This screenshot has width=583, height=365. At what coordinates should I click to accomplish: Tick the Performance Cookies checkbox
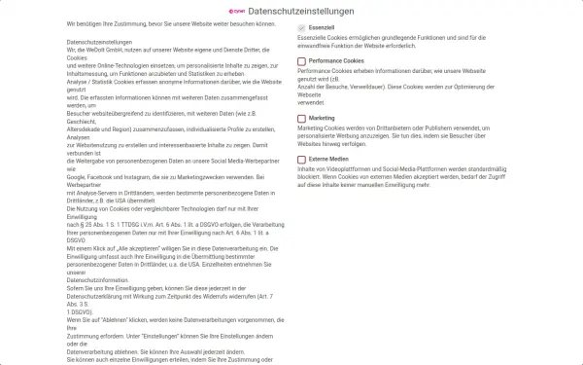[x=301, y=61]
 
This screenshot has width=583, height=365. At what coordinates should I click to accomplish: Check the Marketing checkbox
[x=301, y=118]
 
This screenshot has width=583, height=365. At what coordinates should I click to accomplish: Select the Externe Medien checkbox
[x=301, y=158]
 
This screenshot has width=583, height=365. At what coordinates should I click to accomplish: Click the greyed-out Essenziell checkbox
[x=301, y=29]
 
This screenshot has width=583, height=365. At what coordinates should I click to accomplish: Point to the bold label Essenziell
[x=324, y=29]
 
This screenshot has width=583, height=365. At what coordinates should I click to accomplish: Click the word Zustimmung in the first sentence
[x=119, y=21]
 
